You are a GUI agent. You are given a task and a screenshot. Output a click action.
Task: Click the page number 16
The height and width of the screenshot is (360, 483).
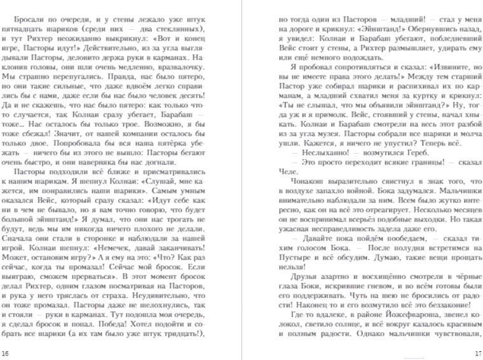(x=6, y=353)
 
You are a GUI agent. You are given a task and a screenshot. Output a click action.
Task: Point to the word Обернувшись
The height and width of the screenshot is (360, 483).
(x=435, y=29)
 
